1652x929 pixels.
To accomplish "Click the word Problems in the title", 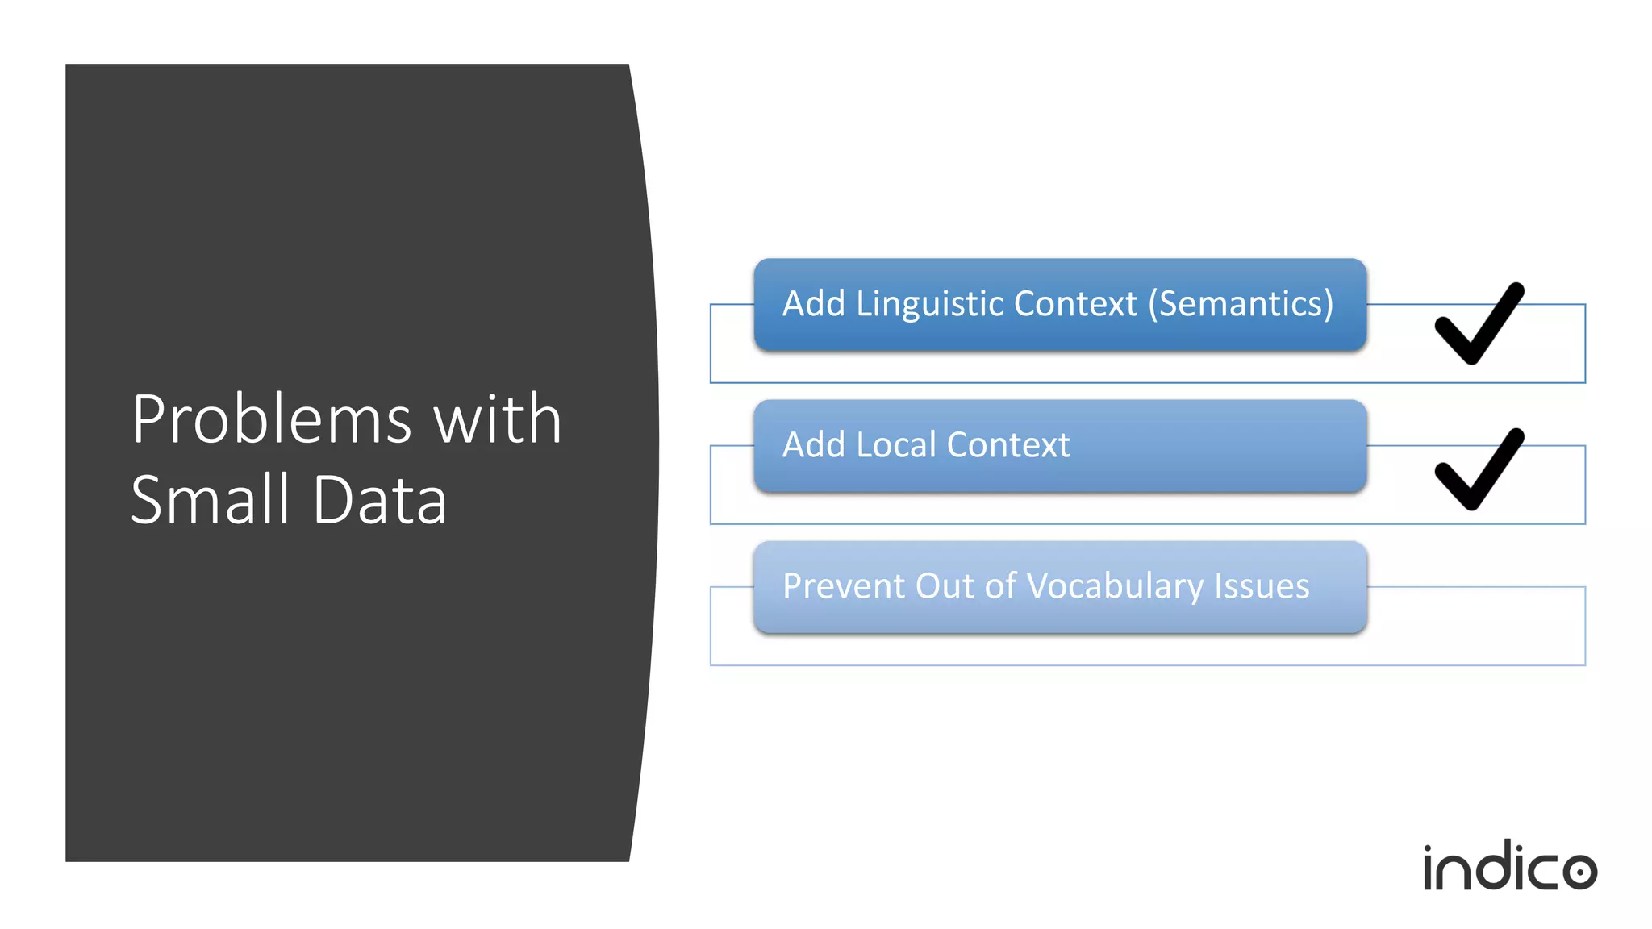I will [273, 420].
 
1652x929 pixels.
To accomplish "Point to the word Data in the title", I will [379, 501].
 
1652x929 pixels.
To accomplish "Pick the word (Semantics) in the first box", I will [1241, 304].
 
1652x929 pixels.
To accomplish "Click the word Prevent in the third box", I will [843, 586].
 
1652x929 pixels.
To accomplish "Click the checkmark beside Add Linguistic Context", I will [1479, 325].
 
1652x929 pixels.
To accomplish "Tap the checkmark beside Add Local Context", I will [1479, 470].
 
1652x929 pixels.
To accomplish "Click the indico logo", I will [1509, 868].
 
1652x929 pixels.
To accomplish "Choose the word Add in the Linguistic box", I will [814, 304].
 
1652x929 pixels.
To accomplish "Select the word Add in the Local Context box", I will [814, 445].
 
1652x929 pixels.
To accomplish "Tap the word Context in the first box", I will [1075, 304].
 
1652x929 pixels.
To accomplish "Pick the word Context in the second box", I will [1008, 445].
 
